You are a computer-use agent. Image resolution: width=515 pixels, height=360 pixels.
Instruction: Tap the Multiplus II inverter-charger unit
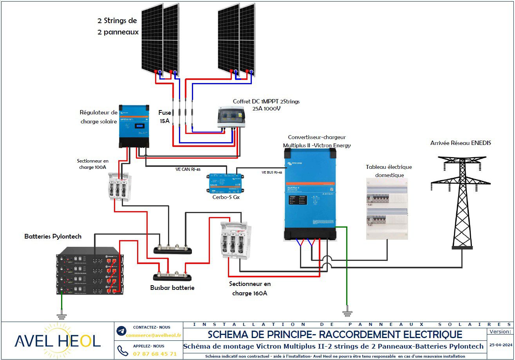[x=309, y=196]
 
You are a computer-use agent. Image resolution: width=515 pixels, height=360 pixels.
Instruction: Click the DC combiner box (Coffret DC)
[x=231, y=118]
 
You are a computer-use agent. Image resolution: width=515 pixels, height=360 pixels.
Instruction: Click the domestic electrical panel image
[x=387, y=208]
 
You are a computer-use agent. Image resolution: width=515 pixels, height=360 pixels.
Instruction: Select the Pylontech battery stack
[x=89, y=271]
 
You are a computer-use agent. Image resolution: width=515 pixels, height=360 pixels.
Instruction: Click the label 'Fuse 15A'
[x=164, y=116]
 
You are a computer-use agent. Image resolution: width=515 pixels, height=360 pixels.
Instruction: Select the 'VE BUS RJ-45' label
[x=272, y=172]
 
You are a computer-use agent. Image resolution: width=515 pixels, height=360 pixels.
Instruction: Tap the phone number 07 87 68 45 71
[x=155, y=353]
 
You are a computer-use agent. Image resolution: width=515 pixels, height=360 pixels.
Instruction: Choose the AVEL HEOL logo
[x=58, y=341]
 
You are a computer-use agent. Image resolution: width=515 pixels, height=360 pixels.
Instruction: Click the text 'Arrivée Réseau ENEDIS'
[x=461, y=143]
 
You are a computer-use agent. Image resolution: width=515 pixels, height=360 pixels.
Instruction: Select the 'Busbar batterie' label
[x=172, y=288]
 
